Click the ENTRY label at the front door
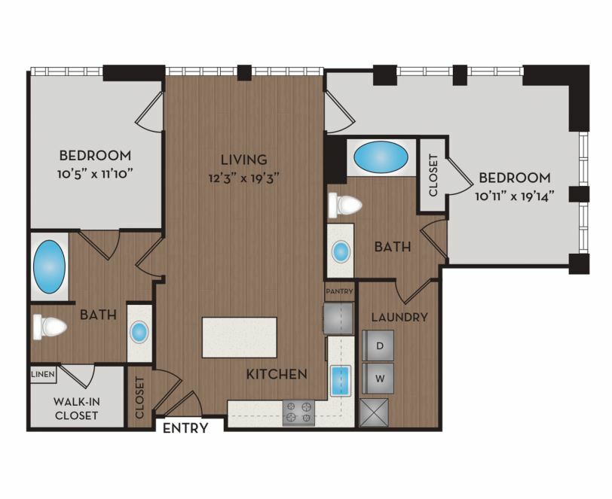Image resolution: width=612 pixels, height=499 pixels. (x=185, y=428)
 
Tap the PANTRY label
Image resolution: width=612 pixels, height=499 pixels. (x=339, y=291)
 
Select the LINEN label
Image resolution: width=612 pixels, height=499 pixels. (x=43, y=374)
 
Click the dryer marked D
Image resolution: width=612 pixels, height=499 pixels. (x=378, y=345)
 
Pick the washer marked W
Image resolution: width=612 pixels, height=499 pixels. (x=378, y=378)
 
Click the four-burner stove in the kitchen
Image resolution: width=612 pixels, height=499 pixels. (x=298, y=412)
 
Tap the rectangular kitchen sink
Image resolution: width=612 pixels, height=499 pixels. (x=341, y=381)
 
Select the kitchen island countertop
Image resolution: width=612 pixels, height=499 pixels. (x=239, y=337)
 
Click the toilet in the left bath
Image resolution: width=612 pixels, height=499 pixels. (x=50, y=327)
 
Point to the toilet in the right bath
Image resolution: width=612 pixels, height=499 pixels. (x=345, y=205)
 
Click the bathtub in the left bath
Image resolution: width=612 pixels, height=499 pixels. (x=49, y=266)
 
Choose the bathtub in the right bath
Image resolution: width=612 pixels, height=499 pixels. (x=381, y=157)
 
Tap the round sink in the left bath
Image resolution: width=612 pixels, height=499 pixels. (x=139, y=332)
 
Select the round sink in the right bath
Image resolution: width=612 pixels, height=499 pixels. (x=341, y=251)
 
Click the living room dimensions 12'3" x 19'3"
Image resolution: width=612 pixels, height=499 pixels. (x=244, y=178)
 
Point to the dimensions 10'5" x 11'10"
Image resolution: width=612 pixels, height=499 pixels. (x=93, y=174)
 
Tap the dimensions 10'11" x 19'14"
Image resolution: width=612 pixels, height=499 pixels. (x=515, y=196)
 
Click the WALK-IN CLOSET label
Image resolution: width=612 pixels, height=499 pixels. (x=77, y=408)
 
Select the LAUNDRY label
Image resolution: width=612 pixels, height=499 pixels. (x=399, y=318)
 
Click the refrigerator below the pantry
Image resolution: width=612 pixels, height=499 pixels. (x=338, y=318)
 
